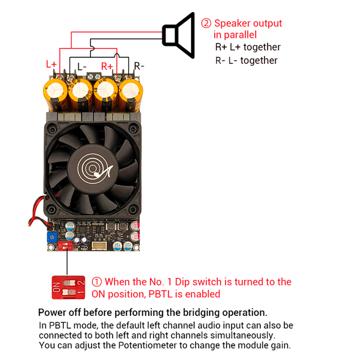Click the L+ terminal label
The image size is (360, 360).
click(51, 64)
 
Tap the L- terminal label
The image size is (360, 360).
click(82, 67)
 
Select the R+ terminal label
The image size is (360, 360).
click(107, 66)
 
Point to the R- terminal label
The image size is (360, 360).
click(139, 66)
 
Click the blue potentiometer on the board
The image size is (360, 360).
click(52, 237)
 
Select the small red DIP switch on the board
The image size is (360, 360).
click(65, 246)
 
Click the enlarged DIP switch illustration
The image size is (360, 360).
click(68, 288)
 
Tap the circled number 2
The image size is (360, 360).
click(206, 23)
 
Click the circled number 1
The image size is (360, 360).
click(97, 282)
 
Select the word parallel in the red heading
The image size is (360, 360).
click(240, 35)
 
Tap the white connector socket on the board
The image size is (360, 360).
click(99, 245)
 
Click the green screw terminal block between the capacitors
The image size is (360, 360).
click(94, 76)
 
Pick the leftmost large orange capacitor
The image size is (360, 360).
click(56, 94)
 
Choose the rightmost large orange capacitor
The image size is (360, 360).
click(130, 95)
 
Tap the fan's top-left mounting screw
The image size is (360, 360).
click(52, 130)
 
